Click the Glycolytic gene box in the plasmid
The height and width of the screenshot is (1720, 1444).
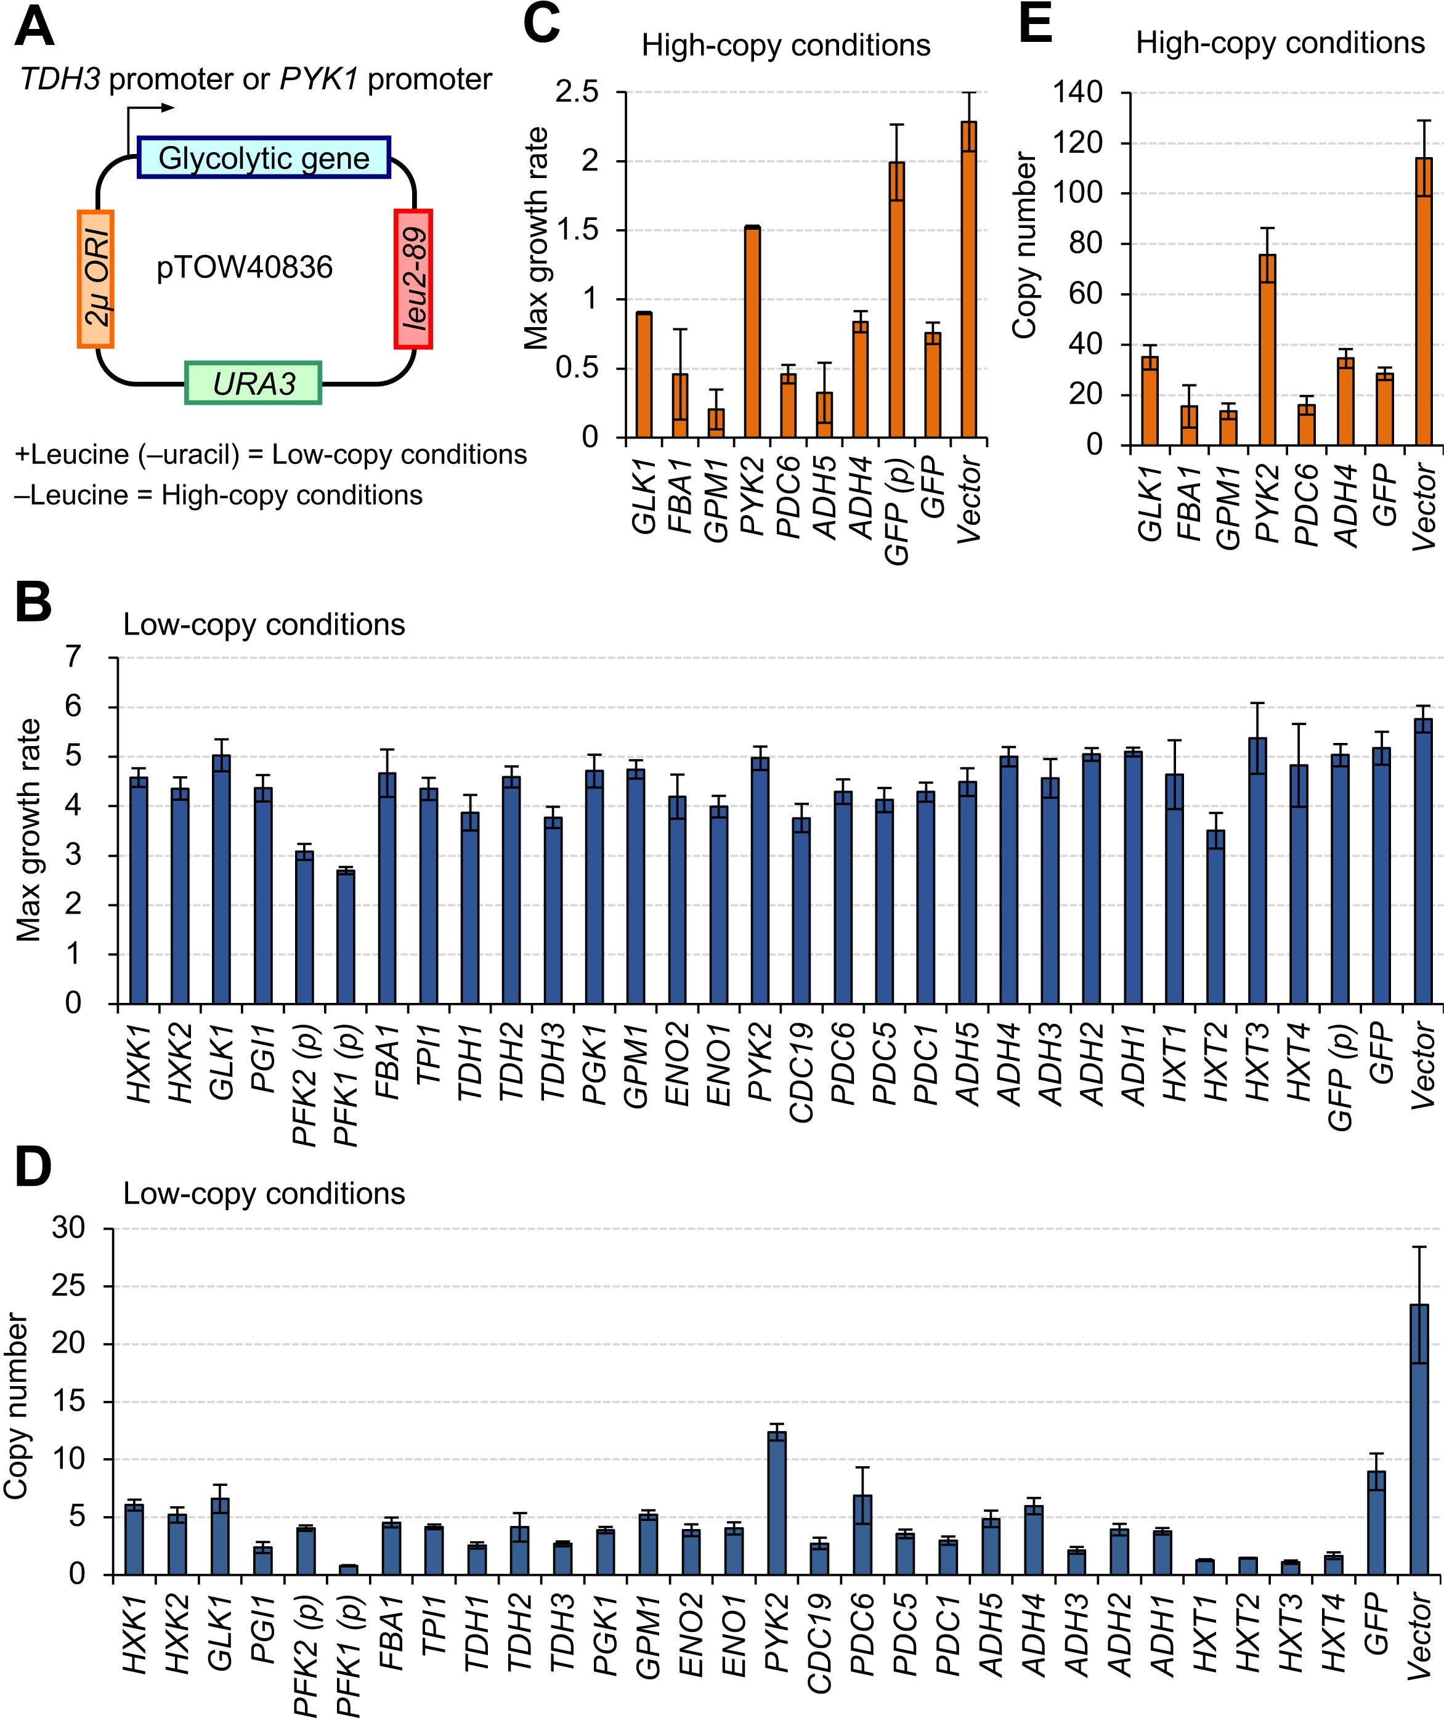click(264, 157)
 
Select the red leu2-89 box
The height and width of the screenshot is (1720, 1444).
click(413, 279)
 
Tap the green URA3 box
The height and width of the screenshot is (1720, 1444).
click(254, 383)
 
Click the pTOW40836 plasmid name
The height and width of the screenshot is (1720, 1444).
click(244, 267)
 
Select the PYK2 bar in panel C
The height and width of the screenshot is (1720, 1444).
click(752, 331)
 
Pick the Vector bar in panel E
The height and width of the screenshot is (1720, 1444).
click(1424, 301)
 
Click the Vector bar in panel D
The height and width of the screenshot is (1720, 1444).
click(1419, 1440)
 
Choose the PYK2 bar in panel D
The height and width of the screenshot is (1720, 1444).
click(776, 1503)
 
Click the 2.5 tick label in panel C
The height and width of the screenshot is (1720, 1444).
click(577, 92)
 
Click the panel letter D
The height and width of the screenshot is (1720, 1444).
click(33, 1167)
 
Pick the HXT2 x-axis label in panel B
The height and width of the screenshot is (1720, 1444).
click(1216, 1062)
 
